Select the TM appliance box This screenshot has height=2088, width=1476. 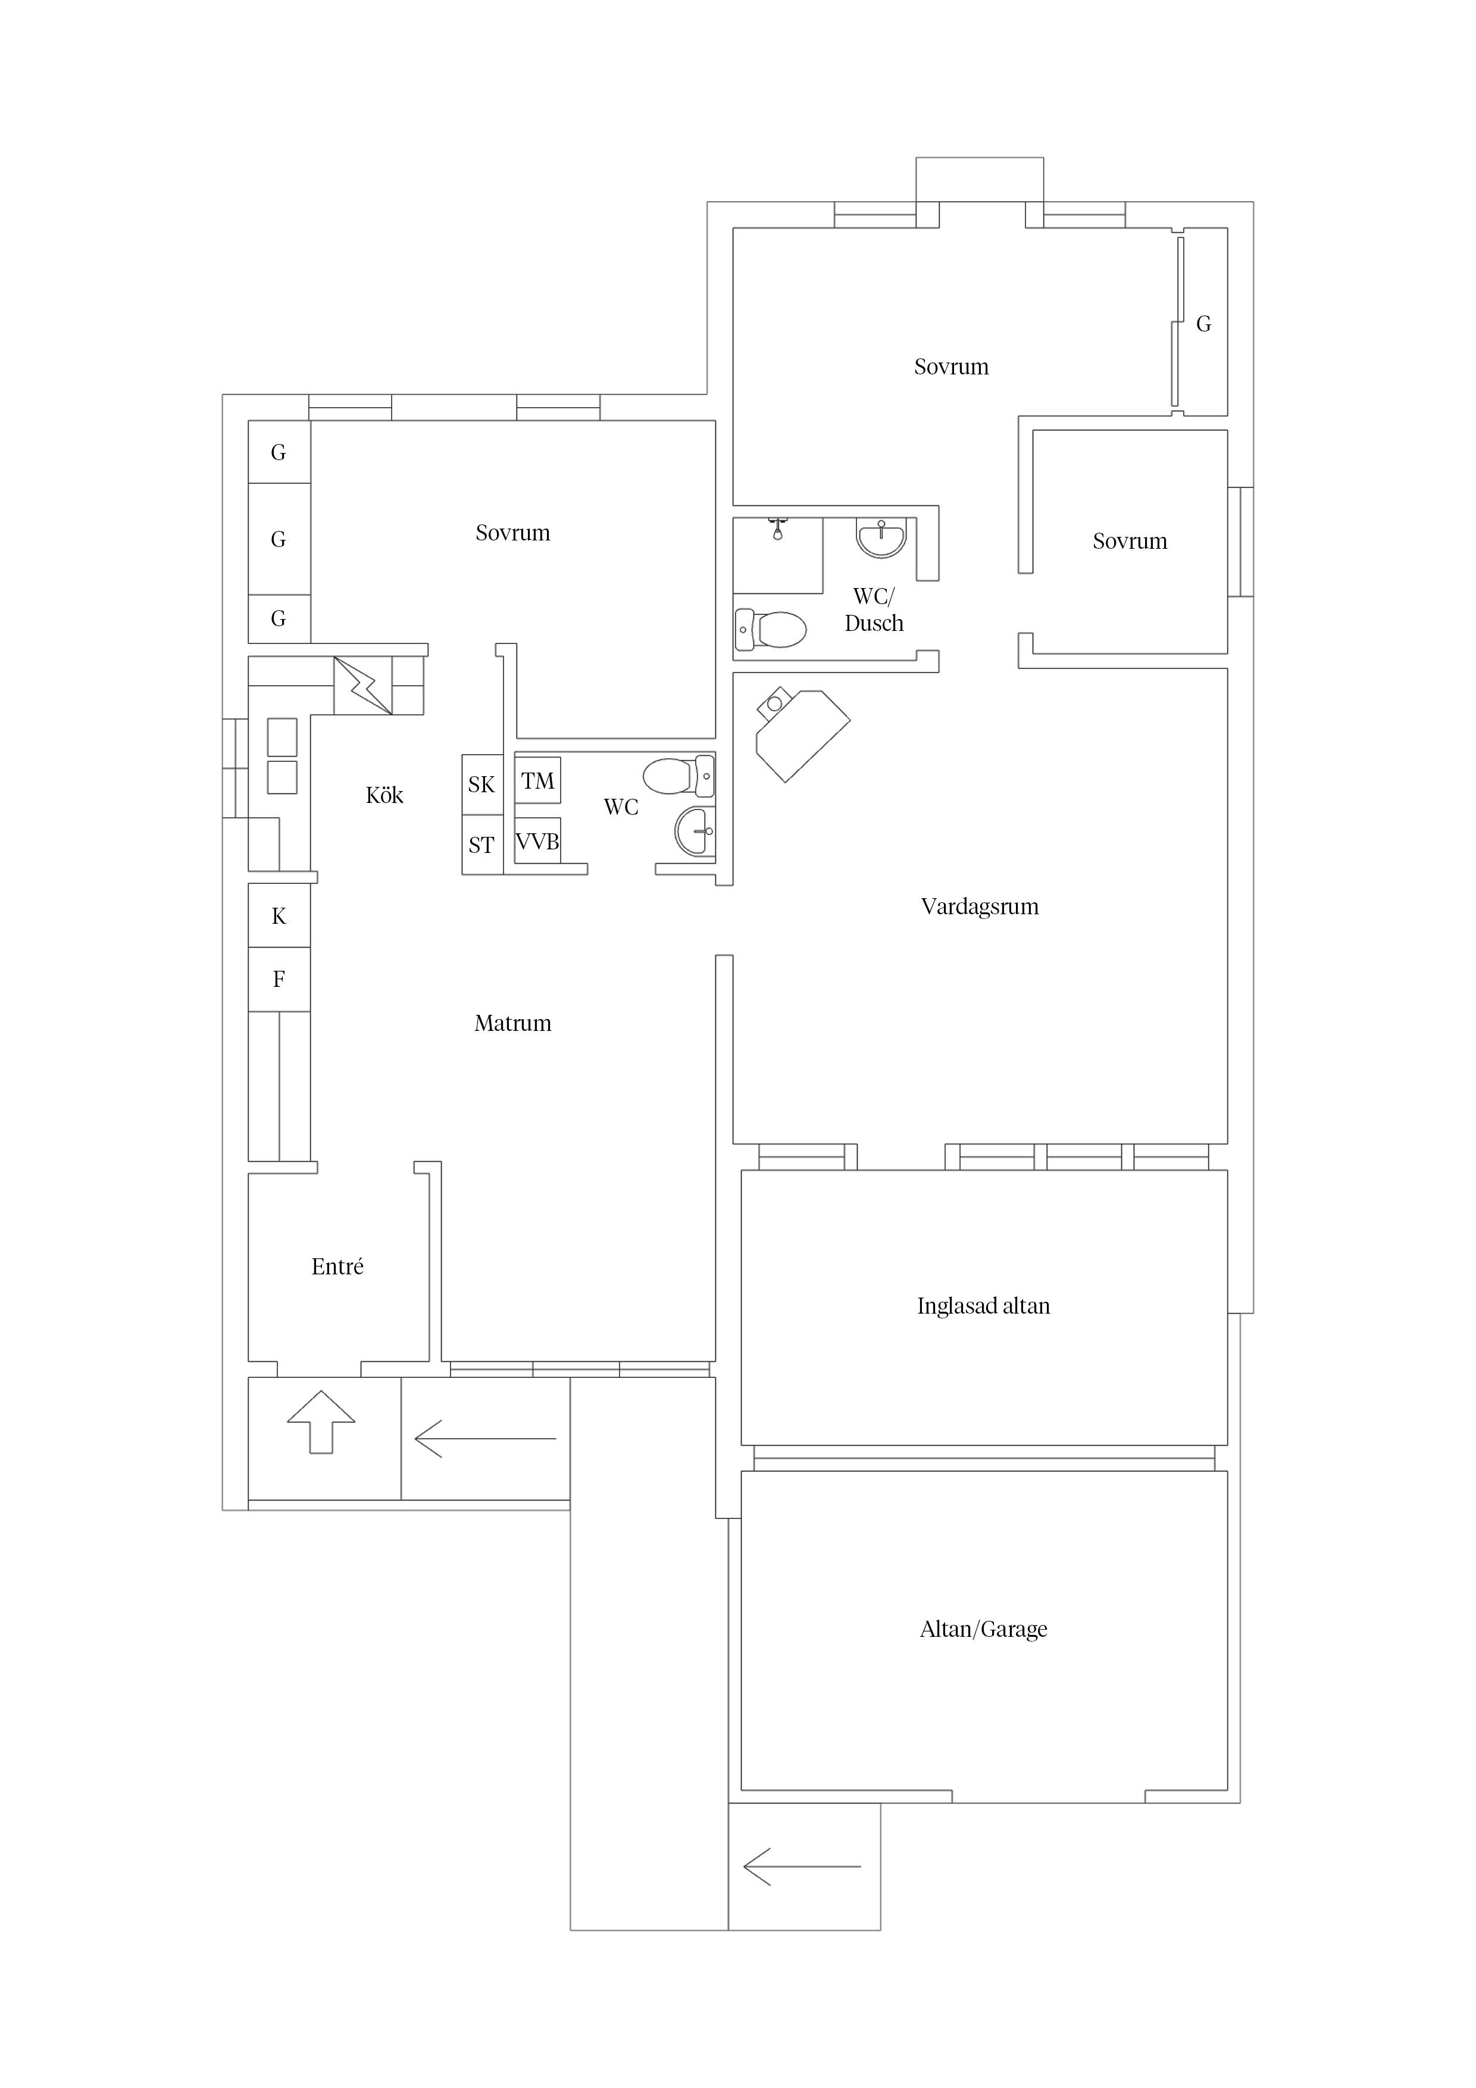click(x=537, y=780)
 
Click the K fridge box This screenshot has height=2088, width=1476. click(x=279, y=916)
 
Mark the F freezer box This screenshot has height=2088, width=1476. click(x=279, y=980)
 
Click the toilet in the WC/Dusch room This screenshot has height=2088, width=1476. click(x=771, y=629)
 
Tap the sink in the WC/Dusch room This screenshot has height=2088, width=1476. click(x=881, y=536)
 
